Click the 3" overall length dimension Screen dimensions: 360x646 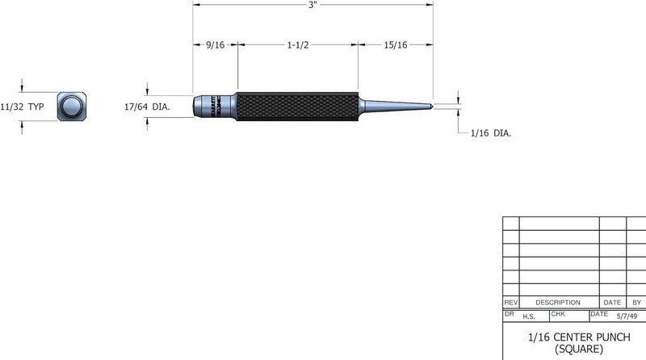pos(313,5)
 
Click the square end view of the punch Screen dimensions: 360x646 pos(72,107)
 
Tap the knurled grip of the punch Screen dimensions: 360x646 pos(297,106)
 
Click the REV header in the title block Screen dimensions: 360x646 pos(510,301)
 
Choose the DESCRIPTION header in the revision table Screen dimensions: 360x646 pos(558,301)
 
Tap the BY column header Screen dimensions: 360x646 pos(636,301)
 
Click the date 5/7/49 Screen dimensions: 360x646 pos(625,316)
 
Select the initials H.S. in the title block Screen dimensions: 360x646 pos(530,316)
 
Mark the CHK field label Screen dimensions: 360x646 pos(558,312)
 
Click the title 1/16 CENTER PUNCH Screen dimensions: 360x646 pos(574,335)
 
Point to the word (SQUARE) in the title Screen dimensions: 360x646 pos(574,348)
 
